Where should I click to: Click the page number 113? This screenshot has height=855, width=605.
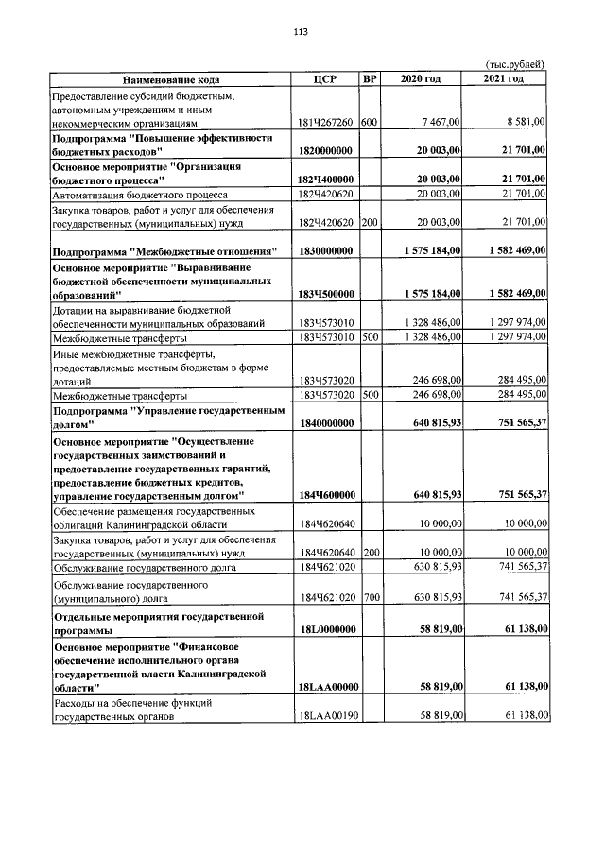[x=302, y=31]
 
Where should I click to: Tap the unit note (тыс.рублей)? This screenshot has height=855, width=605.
[x=514, y=64]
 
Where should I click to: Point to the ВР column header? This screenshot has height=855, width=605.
[x=370, y=78]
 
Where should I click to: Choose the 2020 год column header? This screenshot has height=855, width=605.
[x=421, y=78]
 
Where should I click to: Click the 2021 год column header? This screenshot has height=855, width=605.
[x=503, y=78]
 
